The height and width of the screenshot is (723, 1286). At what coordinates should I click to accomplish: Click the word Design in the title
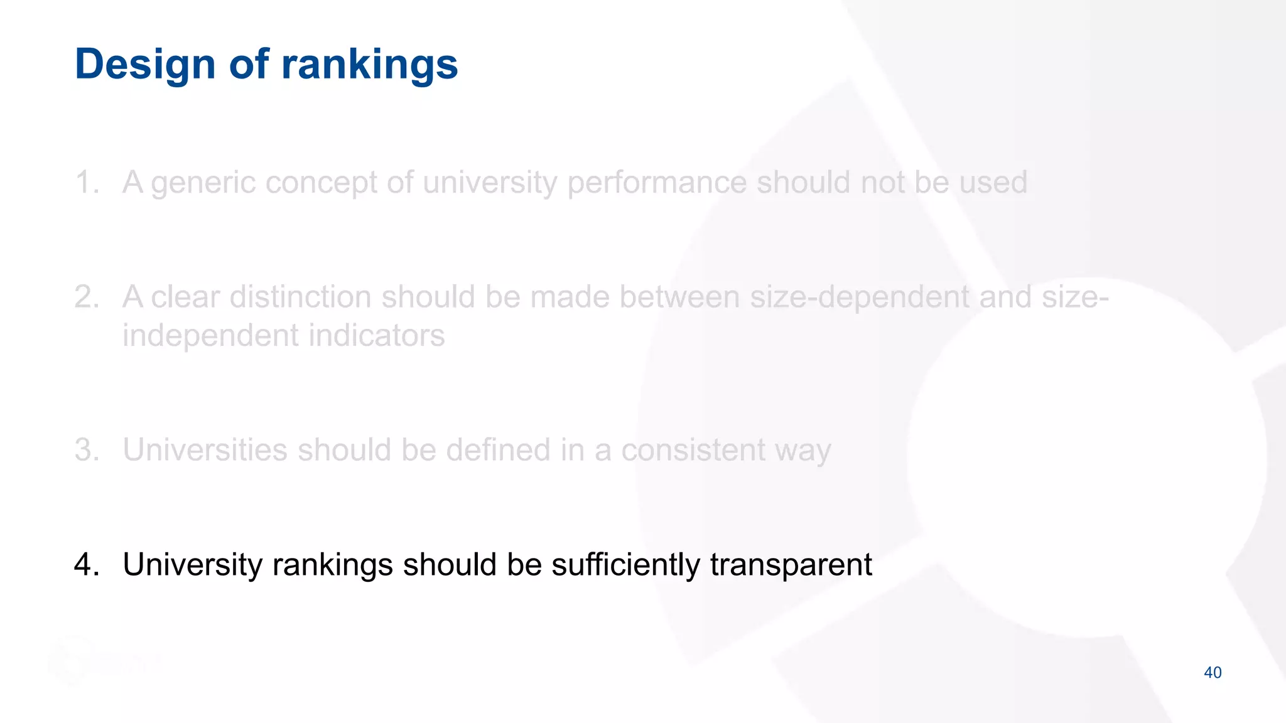[x=145, y=65]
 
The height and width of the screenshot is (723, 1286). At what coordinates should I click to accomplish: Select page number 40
[x=1213, y=673]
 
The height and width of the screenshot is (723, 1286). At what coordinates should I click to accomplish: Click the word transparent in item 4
[x=791, y=564]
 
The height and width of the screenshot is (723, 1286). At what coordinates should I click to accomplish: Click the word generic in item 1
[x=202, y=183]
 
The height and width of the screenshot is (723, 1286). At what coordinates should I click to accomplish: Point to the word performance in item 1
[x=657, y=183]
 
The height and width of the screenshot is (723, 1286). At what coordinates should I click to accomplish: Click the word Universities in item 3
[x=205, y=450]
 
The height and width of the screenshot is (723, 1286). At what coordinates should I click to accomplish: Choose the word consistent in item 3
[x=692, y=450]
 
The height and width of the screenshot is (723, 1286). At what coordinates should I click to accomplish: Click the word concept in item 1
[x=321, y=183]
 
